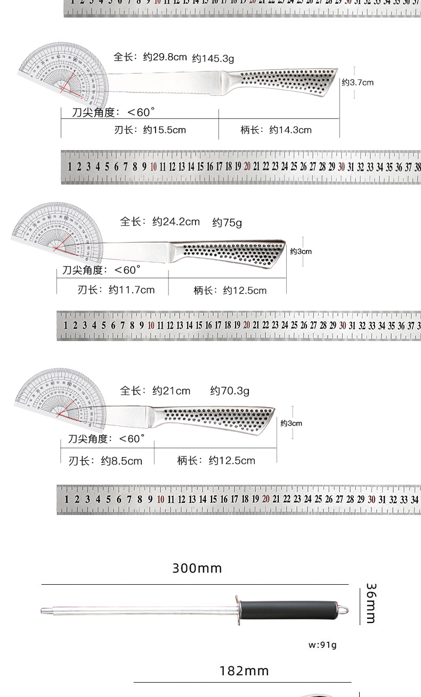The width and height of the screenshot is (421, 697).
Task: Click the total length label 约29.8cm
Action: [x=165, y=57]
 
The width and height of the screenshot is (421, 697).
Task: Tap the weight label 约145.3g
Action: [x=213, y=58]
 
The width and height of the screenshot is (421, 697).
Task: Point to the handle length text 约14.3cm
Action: [x=290, y=130]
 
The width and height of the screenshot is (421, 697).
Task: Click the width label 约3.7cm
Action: [x=358, y=82]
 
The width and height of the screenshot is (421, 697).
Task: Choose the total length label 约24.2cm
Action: [x=176, y=221]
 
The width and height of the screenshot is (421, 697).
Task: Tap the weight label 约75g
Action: [x=227, y=222]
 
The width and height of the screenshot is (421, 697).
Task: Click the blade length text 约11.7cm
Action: [x=132, y=290]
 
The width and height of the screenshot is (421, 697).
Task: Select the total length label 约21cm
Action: [x=171, y=391]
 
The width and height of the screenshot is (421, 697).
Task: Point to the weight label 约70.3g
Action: [x=230, y=391]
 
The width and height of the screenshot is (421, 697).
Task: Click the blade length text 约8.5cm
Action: [x=122, y=461]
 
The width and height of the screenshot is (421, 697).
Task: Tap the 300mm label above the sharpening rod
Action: [x=197, y=568]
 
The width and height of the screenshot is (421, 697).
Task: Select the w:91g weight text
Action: [x=323, y=645]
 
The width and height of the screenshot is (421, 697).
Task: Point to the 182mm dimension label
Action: [x=244, y=671]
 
